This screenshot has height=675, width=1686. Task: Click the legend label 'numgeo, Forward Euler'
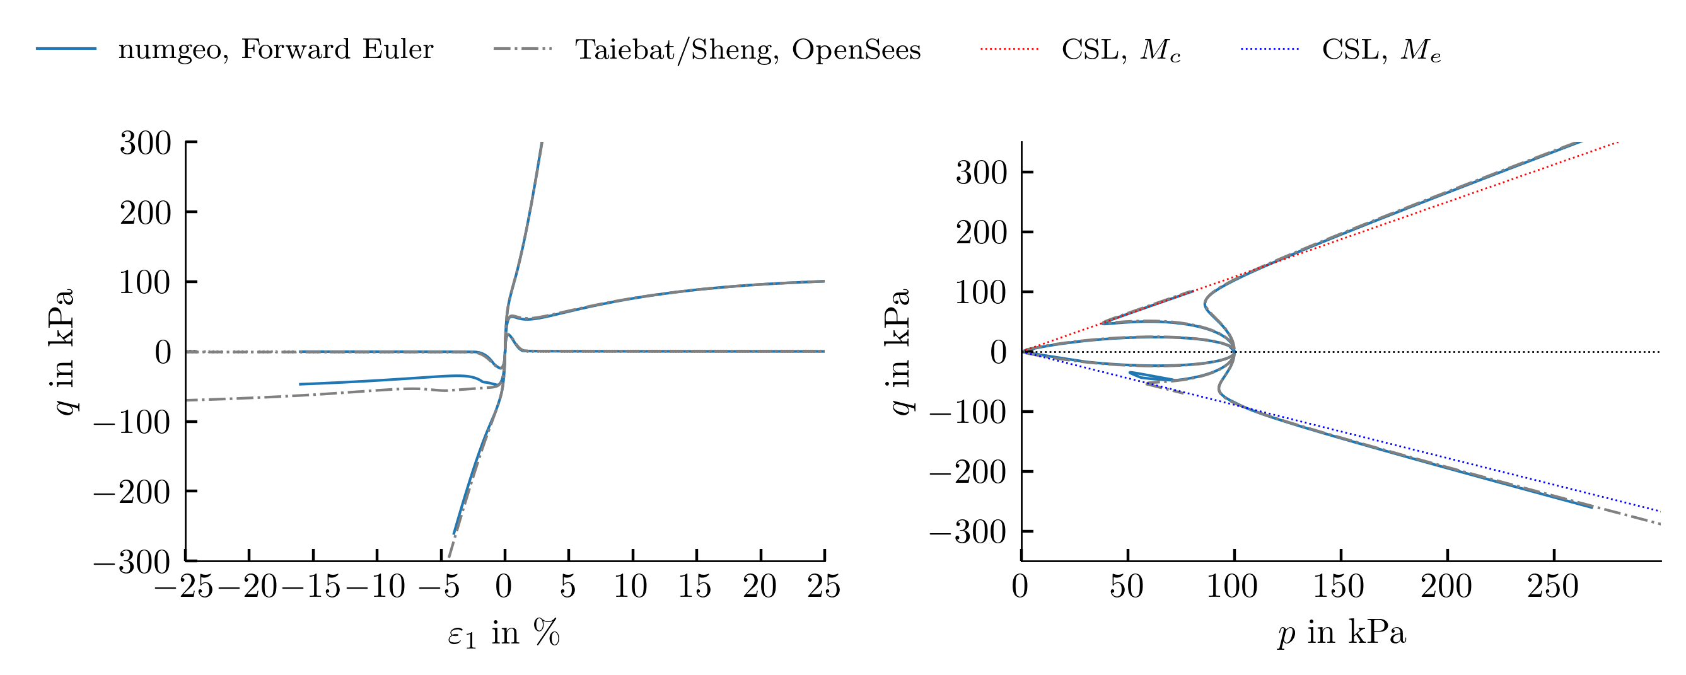(276, 50)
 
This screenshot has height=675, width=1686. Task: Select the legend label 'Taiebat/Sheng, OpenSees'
(748, 50)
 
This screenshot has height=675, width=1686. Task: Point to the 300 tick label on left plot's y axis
(145, 142)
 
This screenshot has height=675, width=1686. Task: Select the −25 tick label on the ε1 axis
(184, 586)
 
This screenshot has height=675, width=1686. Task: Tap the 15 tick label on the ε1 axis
(695, 586)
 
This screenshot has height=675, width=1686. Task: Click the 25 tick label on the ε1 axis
(823, 586)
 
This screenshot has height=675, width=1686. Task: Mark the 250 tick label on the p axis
(1553, 586)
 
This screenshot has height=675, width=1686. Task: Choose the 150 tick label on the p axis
(1340, 586)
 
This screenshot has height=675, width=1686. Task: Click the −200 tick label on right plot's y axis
(968, 471)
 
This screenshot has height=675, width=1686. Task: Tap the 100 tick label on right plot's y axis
(981, 292)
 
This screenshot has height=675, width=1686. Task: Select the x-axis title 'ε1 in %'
(504, 634)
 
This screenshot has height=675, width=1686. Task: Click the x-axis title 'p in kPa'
(1342, 634)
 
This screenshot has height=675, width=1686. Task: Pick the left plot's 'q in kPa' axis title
(64, 351)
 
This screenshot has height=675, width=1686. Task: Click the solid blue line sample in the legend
(66, 49)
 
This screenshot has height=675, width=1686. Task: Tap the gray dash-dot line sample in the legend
(523, 49)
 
